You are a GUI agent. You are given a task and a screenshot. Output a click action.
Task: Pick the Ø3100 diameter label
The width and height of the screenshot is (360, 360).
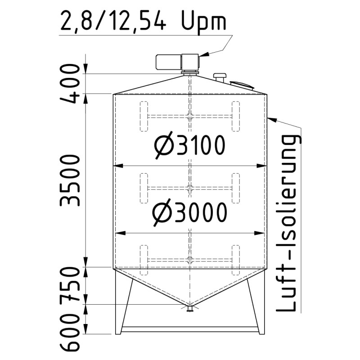coord(189,146)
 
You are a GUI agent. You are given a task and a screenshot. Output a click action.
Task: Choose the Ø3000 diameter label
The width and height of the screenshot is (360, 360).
coord(189,213)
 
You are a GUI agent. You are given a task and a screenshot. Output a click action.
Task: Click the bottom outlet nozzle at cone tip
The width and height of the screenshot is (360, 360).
coord(190,308)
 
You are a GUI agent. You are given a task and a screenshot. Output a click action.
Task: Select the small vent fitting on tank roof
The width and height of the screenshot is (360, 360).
coord(220,77)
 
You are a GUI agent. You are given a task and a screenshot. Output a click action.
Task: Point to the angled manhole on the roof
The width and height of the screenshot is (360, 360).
coord(241,85)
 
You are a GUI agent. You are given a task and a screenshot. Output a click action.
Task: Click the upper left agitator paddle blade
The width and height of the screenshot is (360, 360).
coord(144,116)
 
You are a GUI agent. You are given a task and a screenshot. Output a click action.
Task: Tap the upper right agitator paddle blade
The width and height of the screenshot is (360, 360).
coord(235,116)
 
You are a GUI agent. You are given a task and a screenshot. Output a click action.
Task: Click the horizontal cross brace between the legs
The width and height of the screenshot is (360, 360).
coord(189,329)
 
